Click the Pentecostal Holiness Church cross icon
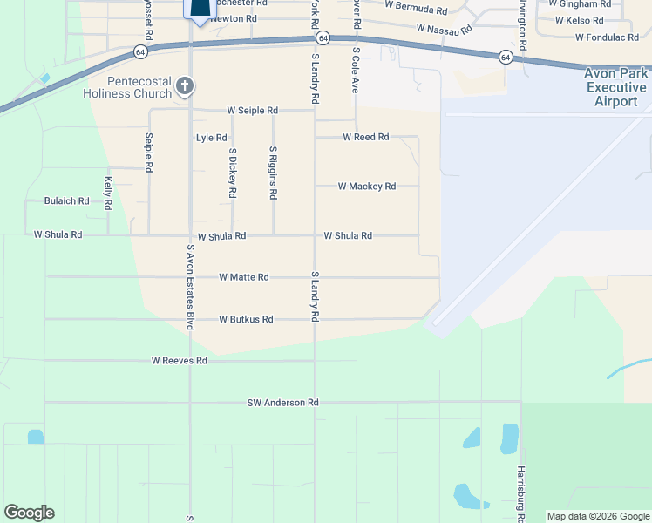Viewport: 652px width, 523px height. [184, 85]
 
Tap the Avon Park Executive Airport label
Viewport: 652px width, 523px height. [616, 88]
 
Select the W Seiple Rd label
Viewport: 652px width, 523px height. [252, 111]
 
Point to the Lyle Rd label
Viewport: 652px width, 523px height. [211, 138]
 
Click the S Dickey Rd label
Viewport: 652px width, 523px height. [233, 173]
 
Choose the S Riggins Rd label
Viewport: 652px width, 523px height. [273, 173]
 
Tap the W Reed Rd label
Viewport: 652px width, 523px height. [365, 137]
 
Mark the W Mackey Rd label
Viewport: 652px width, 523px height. [366, 187]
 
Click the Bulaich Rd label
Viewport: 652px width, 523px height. [67, 200]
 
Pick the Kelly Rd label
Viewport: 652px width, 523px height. [108, 194]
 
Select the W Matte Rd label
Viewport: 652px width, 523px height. [244, 277]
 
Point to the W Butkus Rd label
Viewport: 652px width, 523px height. [246, 320]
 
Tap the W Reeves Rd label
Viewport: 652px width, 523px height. [179, 360]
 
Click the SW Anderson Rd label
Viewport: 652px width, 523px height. [282, 403]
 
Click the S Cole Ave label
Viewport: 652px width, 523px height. [356, 71]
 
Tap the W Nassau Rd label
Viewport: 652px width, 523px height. [445, 29]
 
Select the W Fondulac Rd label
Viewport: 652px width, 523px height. [608, 38]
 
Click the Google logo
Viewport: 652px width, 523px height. [29, 513]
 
